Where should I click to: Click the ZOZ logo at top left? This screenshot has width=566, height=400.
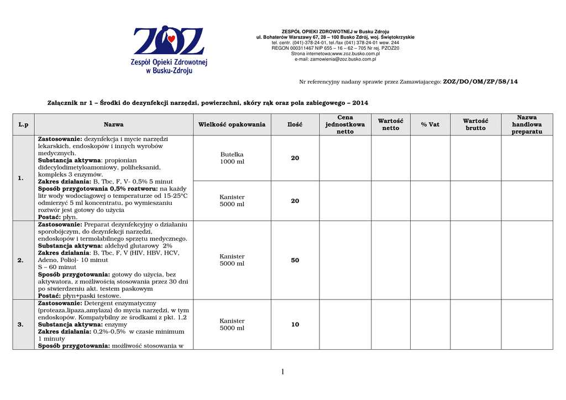click(169, 50)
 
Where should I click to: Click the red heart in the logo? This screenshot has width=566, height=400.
click(172, 39)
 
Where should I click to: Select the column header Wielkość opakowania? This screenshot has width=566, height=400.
click(232, 125)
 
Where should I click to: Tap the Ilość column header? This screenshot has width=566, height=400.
click(295, 125)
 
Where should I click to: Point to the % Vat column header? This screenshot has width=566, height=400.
click(430, 125)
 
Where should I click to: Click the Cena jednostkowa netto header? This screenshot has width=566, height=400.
click(345, 125)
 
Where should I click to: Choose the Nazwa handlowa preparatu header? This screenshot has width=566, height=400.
click(527, 125)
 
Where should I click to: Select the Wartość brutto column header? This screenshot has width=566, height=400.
click(475, 125)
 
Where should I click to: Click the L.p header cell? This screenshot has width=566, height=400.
click(23, 125)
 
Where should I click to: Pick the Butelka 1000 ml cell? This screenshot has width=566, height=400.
click(232, 158)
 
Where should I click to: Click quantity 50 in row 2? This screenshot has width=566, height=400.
click(295, 260)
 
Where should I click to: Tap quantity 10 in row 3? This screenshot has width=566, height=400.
click(295, 325)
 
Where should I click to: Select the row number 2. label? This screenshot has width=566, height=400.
click(20, 260)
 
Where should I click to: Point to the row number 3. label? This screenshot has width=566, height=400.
click(20, 325)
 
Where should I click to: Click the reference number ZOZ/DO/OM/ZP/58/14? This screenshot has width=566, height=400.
click(480, 82)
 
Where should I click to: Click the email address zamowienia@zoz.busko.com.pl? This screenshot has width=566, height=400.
click(335, 59)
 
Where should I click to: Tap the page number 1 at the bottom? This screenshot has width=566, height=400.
click(282, 372)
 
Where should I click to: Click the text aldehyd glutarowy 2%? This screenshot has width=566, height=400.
click(138, 245)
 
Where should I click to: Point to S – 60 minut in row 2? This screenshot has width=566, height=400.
click(57, 267)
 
